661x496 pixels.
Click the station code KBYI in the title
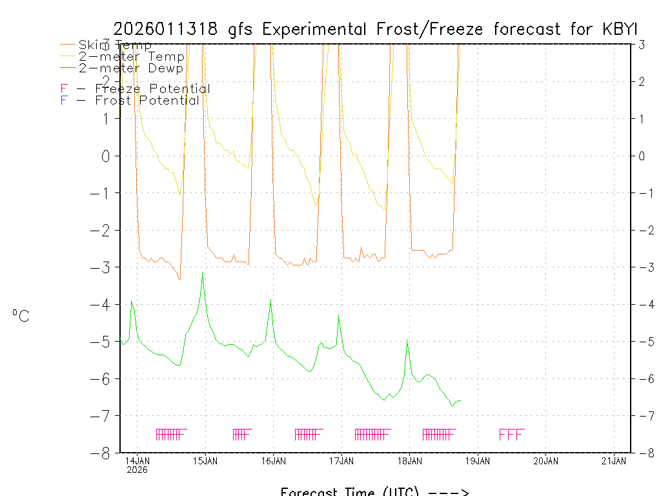click(x=618, y=30)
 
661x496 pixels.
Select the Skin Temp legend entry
click(x=115, y=45)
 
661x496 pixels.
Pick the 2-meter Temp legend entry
click(x=131, y=57)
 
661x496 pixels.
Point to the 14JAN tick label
click(x=137, y=460)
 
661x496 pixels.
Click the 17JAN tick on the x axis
click(x=341, y=460)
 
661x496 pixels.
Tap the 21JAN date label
click(x=614, y=460)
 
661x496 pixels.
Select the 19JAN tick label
click(x=478, y=460)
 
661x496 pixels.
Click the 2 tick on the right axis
click(x=642, y=81)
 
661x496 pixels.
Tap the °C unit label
click(x=21, y=316)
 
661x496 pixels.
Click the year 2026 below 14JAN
click(x=137, y=470)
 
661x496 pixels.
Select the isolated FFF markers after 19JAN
click(x=512, y=434)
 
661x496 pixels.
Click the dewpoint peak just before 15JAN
click(x=203, y=276)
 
